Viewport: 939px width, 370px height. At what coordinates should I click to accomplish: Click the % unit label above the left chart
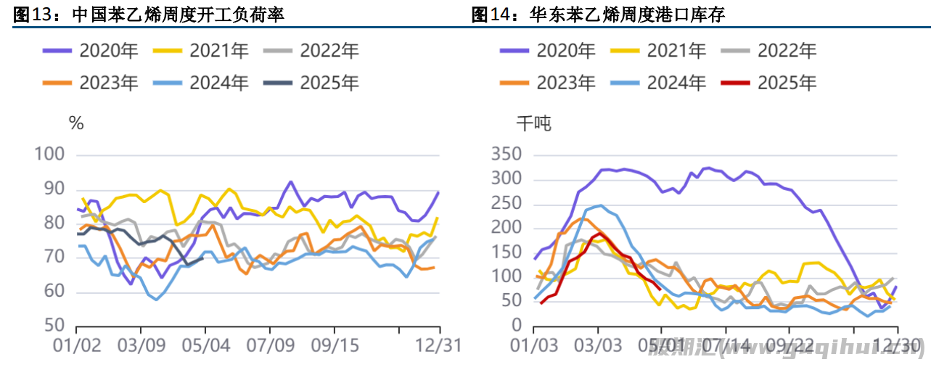[x=75, y=123]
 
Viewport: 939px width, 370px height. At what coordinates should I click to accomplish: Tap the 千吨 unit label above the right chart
[x=533, y=124]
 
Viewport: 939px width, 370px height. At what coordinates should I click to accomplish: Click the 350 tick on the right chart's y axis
[x=507, y=155]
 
